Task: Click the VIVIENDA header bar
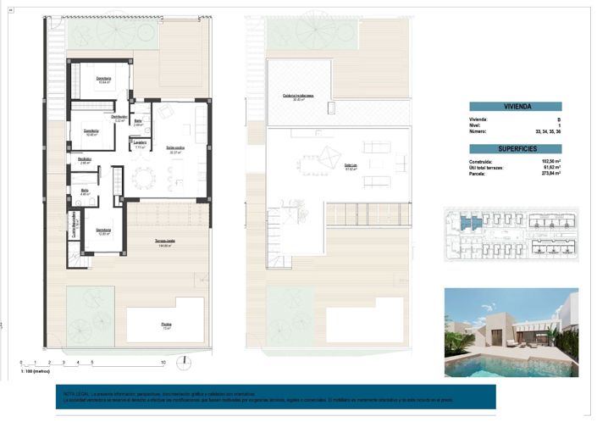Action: coord(517,108)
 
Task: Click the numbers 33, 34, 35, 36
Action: coord(548,132)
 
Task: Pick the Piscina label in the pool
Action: coord(167,324)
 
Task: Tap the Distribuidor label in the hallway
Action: coord(119,118)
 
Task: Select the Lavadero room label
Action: coord(141,142)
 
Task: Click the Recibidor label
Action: coord(85,160)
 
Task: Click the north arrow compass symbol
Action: coord(181,364)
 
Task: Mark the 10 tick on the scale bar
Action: coord(162,363)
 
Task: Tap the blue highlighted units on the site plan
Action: coord(469,223)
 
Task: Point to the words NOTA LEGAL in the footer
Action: coord(75,393)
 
